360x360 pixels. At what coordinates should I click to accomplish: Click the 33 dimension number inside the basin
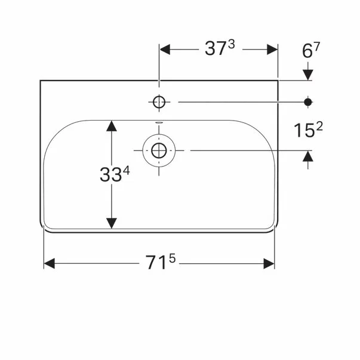pos(112,174)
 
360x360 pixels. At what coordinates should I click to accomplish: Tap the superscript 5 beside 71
pos(171,259)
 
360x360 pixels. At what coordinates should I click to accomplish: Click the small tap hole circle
pos(159,102)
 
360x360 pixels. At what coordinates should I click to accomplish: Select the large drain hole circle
pos(159,150)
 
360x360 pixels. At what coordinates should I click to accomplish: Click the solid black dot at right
pos(308,102)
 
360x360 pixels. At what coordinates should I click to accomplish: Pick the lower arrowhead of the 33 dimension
pos(111,223)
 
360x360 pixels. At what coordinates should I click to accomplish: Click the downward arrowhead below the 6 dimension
pos(308,74)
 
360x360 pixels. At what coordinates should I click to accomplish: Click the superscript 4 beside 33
pos(127,170)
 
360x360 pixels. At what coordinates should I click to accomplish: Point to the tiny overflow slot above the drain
pos(159,123)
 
